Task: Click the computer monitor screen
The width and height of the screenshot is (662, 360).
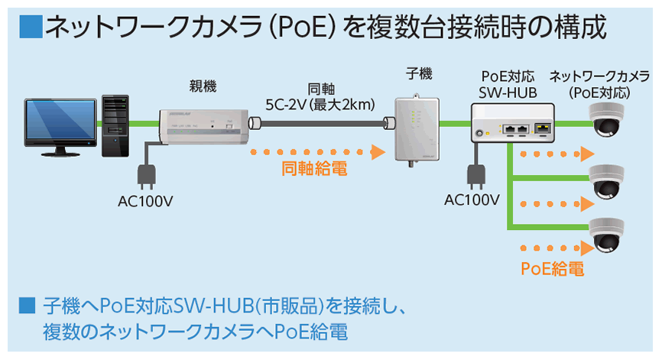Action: click(61, 120)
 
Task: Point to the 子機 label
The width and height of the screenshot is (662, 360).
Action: click(419, 74)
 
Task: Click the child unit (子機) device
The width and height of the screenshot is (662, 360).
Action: click(417, 128)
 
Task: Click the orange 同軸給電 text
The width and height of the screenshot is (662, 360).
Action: click(314, 168)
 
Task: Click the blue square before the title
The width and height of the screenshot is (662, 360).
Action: click(31, 28)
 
